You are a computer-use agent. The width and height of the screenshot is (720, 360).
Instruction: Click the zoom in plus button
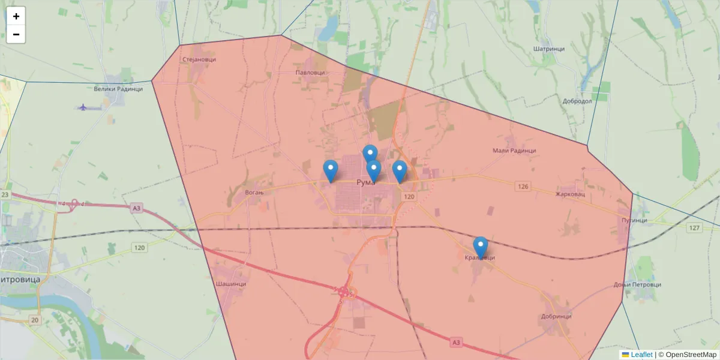pyautogui.click(x=16, y=16)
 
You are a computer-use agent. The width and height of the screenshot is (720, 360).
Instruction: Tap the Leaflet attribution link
pyautogui.click(x=641, y=355)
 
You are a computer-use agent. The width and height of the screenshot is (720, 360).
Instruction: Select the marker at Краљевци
pyautogui.click(x=480, y=247)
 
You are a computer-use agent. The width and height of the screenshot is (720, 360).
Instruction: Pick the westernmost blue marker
pyautogui.click(x=330, y=170)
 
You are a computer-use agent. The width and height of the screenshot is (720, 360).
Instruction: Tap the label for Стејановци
pyautogui.click(x=199, y=59)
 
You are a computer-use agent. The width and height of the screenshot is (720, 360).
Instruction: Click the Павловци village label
pyautogui.click(x=310, y=73)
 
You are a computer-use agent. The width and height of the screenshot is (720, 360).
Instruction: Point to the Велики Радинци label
pyautogui.click(x=118, y=89)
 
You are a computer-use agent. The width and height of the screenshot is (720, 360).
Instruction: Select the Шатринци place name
pyautogui.click(x=548, y=49)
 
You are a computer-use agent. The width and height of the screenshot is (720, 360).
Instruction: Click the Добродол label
pyautogui.click(x=577, y=101)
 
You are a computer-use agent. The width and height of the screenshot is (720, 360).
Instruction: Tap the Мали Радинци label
pyautogui.click(x=514, y=151)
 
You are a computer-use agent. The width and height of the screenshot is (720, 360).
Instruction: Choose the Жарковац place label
pyautogui.click(x=569, y=194)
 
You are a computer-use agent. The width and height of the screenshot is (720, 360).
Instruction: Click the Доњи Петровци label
pyautogui.click(x=637, y=284)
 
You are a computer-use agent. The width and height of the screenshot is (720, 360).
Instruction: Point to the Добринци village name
pyautogui.click(x=556, y=316)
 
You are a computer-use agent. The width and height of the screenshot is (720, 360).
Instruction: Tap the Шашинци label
pyautogui.click(x=231, y=284)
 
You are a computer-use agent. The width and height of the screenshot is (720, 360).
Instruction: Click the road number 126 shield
pyautogui.click(x=523, y=187)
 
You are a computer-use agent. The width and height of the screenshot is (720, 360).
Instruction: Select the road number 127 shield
pyautogui.click(x=695, y=228)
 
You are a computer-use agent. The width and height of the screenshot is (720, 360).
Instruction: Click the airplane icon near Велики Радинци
pyautogui.click(x=83, y=107)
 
